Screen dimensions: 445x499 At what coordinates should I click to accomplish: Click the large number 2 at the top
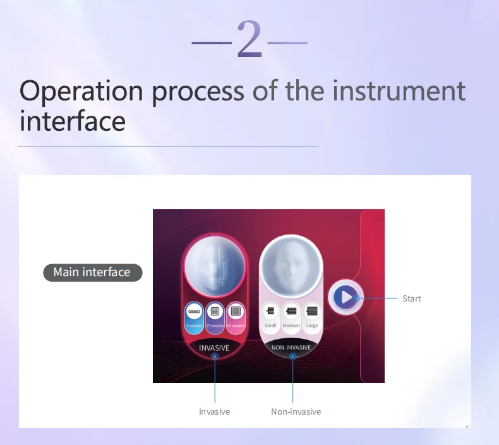point(249,40)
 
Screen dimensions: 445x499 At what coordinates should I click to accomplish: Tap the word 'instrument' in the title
point(399,91)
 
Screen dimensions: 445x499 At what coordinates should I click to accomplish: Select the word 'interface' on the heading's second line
point(72,120)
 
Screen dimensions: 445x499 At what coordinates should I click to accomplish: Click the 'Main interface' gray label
point(92,272)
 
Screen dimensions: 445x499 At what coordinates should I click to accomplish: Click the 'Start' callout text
point(411,298)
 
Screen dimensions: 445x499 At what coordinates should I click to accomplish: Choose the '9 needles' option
point(194,315)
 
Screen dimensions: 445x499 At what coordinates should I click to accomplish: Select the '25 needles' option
point(214,315)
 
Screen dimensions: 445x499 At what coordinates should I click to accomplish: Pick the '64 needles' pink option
point(235,315)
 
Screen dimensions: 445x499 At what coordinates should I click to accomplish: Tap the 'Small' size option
point(270,315)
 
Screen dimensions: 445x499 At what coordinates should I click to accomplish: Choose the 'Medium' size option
point(291,315)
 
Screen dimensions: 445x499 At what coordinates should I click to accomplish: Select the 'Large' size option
point(312,315)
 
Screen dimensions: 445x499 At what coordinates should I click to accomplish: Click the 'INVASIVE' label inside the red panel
point(214,348)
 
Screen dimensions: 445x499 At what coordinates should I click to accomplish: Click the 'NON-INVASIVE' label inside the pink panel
point(291,348)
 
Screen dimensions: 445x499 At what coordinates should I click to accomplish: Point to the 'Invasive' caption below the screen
point(214,411)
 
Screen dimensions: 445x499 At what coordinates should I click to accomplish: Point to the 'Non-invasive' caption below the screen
point(296,411)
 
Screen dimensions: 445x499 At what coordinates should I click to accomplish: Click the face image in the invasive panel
point(214,265)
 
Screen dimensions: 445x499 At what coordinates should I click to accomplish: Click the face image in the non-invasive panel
point(291,265)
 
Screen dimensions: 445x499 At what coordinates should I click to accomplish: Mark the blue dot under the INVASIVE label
point(215,357)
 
